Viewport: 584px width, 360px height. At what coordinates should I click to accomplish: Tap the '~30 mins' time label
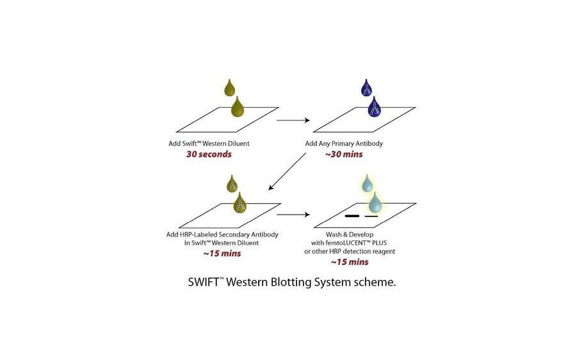click(x=344, y=154)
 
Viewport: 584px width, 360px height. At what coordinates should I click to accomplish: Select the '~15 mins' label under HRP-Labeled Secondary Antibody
click(x=222, y=253)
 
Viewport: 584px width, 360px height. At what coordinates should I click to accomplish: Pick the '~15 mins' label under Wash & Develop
click(x=349, y=261)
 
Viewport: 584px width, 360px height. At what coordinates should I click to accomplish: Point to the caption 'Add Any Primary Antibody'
click(x=344, y=143)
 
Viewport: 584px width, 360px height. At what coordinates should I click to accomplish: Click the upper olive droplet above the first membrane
click(x=230, y=87)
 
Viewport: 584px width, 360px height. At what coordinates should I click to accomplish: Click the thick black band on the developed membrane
click(x=352, y=217)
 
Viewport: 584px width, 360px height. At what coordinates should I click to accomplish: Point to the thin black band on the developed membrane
click(x=371, y=217)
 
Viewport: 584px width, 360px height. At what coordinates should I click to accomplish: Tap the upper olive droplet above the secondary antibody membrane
click(x=232, y=184)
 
